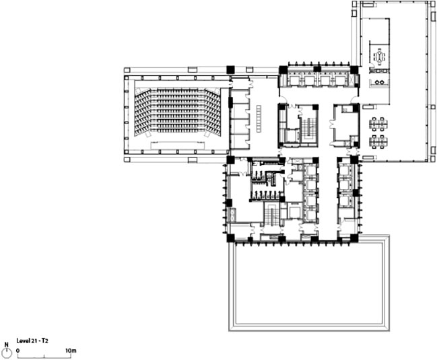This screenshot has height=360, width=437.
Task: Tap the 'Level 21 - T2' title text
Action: coord(32,340)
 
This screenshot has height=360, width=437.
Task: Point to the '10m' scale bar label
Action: coord(71,351)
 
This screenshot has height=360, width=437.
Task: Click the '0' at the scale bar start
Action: coord(18,351)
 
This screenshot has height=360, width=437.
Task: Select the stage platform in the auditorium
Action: coord(177,146)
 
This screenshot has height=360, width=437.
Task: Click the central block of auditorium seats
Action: coord(177,110)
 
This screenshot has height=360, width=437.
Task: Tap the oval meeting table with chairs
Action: coord(379,57)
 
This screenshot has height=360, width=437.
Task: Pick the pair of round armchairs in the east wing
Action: coord(379,82)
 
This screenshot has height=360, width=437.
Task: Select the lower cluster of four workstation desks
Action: coord(377,142)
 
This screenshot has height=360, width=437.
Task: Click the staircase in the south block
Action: coord(270,216)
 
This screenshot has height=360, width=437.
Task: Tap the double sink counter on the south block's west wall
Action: coord(232,215)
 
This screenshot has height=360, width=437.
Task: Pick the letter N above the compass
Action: coord(7,345)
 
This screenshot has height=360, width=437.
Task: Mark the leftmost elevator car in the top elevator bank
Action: coord(293,81)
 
